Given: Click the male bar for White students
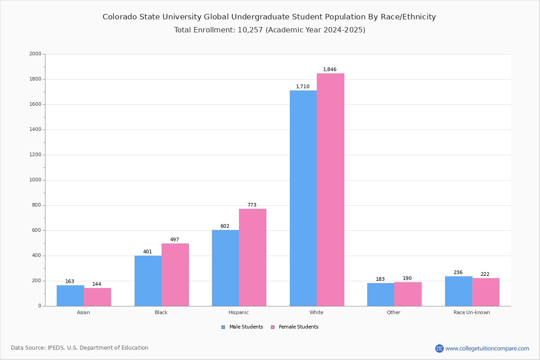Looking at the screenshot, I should (303, 198).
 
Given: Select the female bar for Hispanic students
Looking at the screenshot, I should (252, 257).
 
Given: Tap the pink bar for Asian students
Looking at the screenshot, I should (97, 297).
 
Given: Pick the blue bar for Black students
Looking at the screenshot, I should (148, 281).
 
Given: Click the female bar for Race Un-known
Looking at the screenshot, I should (486, 292).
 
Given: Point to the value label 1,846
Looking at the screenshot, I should (329, 70).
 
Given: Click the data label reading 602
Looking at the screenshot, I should (225, 226).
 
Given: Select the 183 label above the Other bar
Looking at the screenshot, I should (380, 279).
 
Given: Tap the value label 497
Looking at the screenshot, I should (174, 240).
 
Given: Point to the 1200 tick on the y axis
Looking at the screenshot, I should (35, 155).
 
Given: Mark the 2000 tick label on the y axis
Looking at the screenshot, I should (35, 54).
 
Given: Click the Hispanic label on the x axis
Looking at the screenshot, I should (238, 312).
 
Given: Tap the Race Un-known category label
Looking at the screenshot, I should (472, 312).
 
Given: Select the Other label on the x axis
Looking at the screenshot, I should (393, 312).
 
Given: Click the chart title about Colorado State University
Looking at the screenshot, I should (269, 17).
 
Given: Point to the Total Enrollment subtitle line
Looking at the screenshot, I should (269, 30).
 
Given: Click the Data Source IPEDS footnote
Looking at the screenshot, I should (80, 348).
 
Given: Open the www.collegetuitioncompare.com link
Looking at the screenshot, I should (487, 348).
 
